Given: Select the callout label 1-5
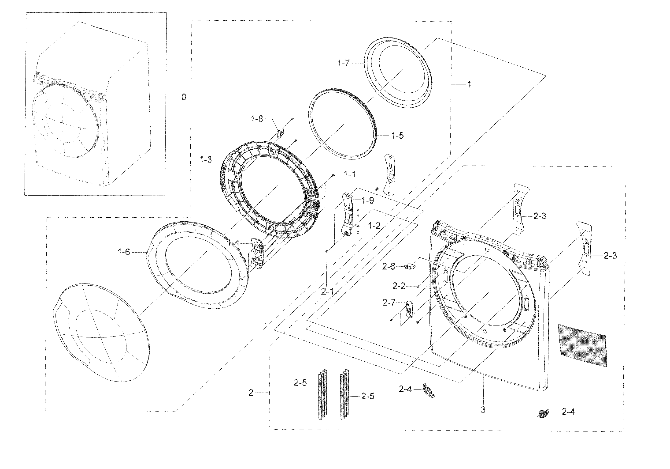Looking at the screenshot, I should pos(397,136).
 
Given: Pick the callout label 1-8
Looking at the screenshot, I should pos(257,119).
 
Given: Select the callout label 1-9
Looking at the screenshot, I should pos(367,200).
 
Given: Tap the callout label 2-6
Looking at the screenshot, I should pos(389,266).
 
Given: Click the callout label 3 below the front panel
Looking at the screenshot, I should pos(483,410).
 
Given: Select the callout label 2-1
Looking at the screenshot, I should pos(327,291).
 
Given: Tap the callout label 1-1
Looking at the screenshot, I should pos(349,175).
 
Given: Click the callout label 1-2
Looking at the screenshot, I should pos(374,226).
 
